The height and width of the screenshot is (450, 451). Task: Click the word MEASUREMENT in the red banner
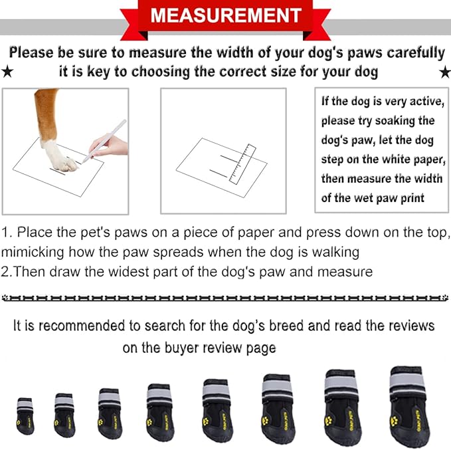225,15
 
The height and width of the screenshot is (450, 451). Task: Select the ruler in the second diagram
240,163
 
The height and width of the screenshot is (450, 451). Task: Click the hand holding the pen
113,144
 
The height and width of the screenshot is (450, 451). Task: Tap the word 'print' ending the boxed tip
412,198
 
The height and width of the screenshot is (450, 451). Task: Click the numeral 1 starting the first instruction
5,233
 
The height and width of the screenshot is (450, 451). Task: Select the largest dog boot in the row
409,405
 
